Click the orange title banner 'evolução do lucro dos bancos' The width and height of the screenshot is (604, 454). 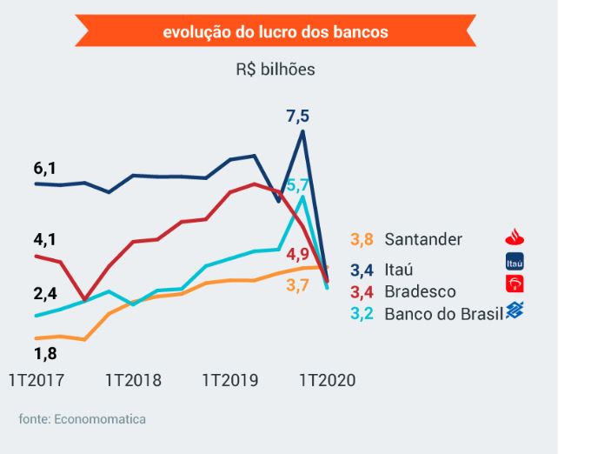(275, 32)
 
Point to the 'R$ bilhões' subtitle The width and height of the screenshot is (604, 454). (275, 70)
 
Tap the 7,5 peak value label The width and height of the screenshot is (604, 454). (297, 115)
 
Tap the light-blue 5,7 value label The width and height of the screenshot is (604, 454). (298, 184)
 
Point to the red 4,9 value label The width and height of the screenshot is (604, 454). (297, 254)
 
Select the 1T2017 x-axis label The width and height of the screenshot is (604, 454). (36, 380)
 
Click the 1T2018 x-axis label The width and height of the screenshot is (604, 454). (133, 380)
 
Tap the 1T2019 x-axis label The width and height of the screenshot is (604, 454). (230, 380)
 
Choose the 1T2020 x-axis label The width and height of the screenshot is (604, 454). (328, 380)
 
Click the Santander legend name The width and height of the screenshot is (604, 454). (423, 239)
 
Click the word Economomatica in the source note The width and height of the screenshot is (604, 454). (100, 419)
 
